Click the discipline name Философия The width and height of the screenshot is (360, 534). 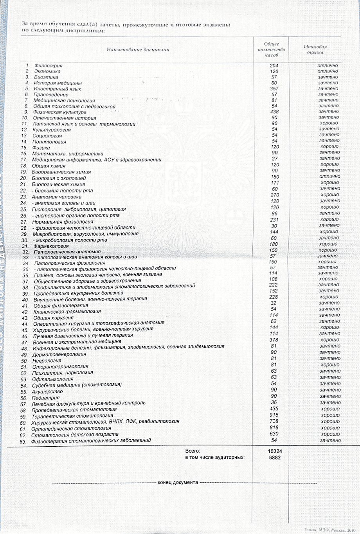(x=48, y=66)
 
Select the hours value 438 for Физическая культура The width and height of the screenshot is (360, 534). (x=274, y=112)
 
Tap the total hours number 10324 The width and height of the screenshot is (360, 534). (x=275, y=451)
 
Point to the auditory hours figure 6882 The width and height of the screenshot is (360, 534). (x=275, y=458)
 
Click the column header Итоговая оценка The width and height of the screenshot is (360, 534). (x=315, y=49)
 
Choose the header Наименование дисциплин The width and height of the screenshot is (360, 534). (x=138, y=50)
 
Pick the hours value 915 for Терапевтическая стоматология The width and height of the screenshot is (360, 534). (x=274, y=415)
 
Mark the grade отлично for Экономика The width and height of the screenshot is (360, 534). (x=328, y=72)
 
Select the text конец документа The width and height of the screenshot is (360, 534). (x=178, y=482)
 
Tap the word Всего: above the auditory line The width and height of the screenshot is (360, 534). (x=193, y=451)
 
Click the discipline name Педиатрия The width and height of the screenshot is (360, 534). (x=43, y=398)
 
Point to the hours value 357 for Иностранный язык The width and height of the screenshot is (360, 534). (x=274, y=88)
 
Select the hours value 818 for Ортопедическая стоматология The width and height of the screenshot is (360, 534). (x=274, y=428)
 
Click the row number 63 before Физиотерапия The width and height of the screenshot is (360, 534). (x=23, y=442)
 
